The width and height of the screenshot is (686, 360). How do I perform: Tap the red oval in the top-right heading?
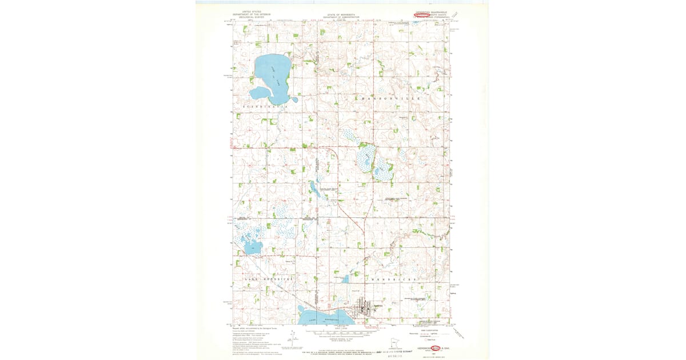coord(421,15)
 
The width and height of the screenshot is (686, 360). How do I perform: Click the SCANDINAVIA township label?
coord(263,107)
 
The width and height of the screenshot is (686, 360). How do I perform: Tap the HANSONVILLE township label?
coord(391,99)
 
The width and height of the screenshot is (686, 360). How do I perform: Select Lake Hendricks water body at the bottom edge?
coord(323,315)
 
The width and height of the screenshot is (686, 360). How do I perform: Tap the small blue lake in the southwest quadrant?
coord(252,247)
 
